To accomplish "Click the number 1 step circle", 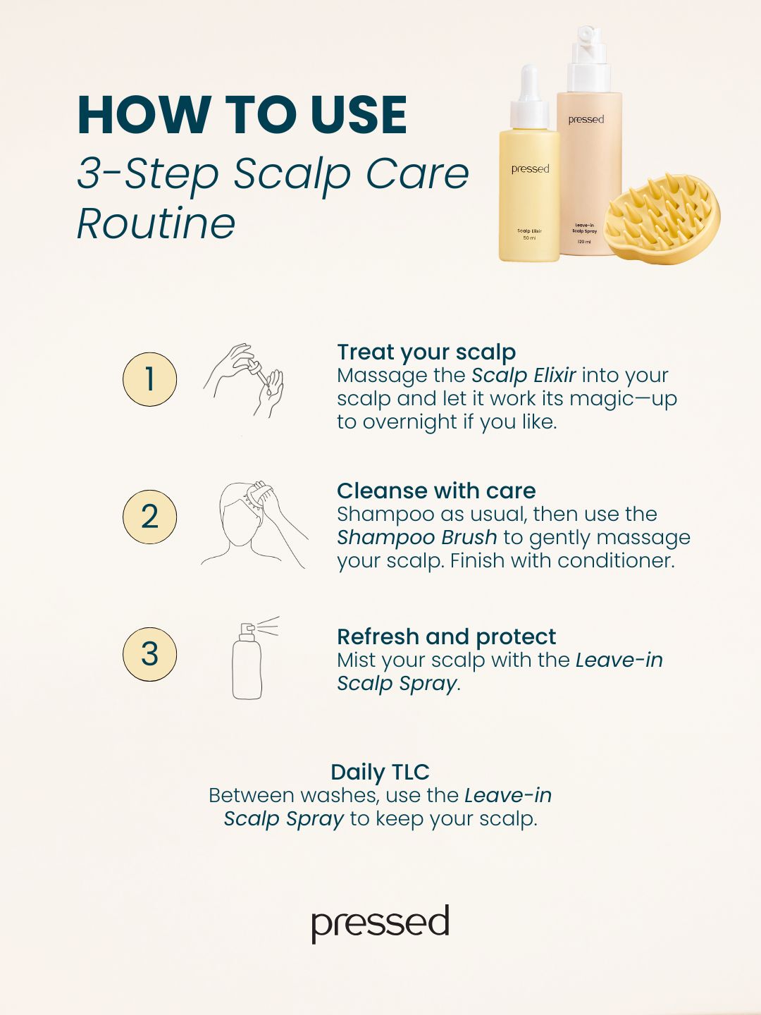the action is click(149, 379).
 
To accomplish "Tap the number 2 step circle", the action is click(149, 517).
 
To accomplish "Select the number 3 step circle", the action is click(149, 654).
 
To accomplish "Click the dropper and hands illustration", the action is click(244, 380).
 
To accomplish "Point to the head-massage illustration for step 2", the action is click(254, 525).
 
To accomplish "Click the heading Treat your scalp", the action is click(426, 352).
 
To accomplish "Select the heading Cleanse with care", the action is click(436, 491).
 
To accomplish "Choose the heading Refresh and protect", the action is click(446, 636).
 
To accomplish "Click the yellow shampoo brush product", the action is click(662, 216).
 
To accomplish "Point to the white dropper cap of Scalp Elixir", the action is click(529, 98).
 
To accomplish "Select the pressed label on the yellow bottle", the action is click(530, 169).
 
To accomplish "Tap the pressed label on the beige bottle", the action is click(586, 120).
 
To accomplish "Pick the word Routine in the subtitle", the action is click(156, 223).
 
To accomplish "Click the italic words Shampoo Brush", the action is click(416, 537).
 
